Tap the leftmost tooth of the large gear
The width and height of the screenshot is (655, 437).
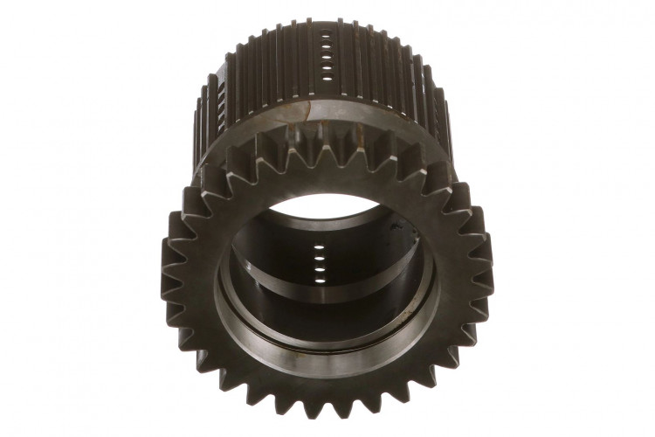pyautogui.click(x=167, y=267)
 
